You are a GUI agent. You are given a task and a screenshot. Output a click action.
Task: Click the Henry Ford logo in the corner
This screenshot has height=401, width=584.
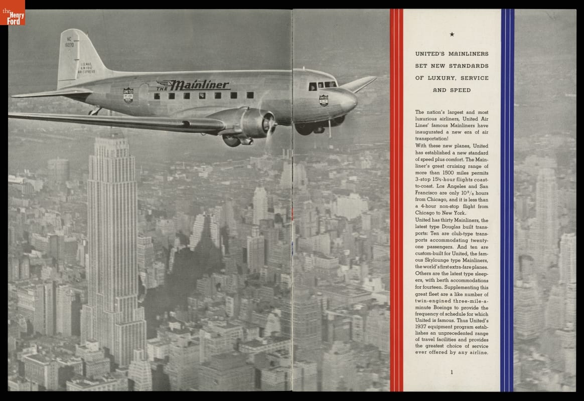click(13, 13)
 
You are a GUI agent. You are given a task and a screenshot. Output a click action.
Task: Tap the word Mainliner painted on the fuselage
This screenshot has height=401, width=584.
click(199, 85)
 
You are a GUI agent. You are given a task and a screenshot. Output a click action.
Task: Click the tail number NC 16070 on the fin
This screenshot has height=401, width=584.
click(69, 42)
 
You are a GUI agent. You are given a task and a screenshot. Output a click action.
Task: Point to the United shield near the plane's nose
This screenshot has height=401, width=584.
click(324, 100)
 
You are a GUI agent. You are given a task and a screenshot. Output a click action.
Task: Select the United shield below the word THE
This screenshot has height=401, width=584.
click(128, 95)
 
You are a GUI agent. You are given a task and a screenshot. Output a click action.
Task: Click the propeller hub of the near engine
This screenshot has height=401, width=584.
click(271, 123)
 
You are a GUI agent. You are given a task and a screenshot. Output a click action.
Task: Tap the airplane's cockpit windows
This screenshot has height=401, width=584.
click(323, 85)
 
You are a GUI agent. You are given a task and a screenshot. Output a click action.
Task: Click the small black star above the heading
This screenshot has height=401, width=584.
click(452, 35)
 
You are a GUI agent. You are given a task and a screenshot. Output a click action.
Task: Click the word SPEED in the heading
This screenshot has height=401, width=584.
click(460, 90)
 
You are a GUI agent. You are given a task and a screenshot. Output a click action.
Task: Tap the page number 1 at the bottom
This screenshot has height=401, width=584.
click(452, 372)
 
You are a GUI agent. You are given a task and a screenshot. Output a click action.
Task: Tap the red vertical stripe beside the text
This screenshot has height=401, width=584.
click(396, 200)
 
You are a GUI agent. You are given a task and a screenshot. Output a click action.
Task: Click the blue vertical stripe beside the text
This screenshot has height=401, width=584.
click(507, 200)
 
